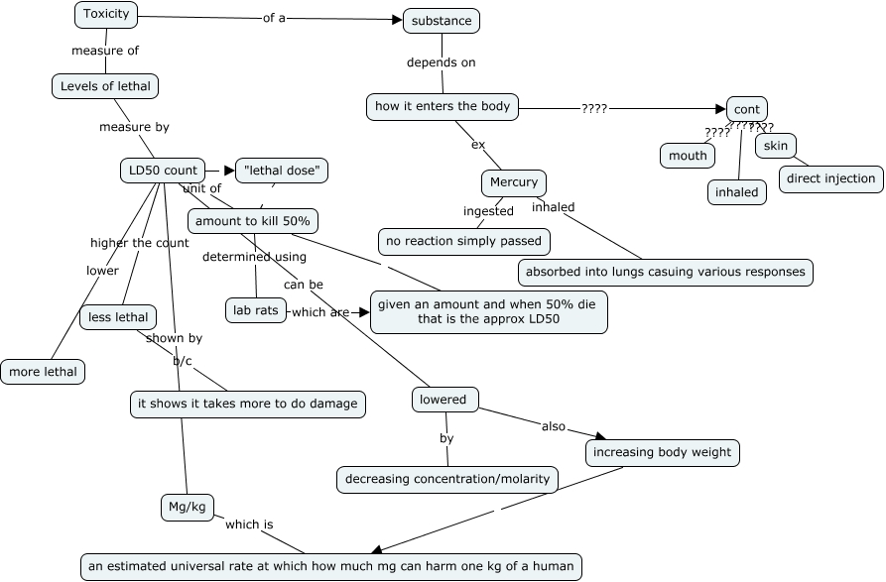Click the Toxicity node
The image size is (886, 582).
click(x=106, y=15)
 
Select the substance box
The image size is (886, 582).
click(x=442, y=20)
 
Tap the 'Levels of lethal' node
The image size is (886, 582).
click(x=105, y=86)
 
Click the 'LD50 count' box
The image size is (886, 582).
click(x=164, y=171)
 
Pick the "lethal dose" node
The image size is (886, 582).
click(x=282, y=171)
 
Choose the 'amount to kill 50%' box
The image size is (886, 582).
click(x=253, y=221)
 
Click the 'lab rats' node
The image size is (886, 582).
click(x=256, y=311)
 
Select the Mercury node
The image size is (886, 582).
click(x=514, y=182)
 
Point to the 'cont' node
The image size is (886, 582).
click(x=747, y=109)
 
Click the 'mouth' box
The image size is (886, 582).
click(x=688, y=156)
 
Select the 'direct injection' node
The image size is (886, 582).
click(x=830, y=179)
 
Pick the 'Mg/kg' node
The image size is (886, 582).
click(x=188, y=508)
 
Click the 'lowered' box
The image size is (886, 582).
click(x=443, y=400)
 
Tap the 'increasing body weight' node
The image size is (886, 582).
click(x=662, y=453)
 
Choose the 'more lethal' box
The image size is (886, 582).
click(x=43, y=373)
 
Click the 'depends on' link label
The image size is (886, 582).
click(x=442, y=62)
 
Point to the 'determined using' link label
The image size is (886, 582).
click(x=254, y=257)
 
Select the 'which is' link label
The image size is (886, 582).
click(x=249, y=524)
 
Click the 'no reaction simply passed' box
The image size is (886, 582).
click(x=464, y=241)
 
